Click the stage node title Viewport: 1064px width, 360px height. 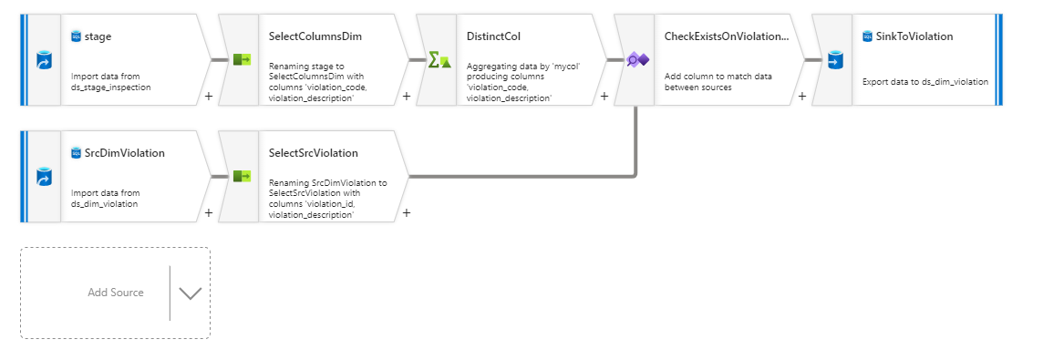[98, 36]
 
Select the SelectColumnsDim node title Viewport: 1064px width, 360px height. [314, 36]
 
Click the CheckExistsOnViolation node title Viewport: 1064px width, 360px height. [726, 36]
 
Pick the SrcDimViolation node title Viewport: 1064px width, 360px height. [124, 153]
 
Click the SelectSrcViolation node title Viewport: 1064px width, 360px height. [314, 153]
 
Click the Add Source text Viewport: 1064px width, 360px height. [116, 293]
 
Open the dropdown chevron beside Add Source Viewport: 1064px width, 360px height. [191, 293]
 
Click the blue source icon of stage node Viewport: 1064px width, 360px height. [42, 60]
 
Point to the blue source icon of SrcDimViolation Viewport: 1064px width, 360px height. [42, 176]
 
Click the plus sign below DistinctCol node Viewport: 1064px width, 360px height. [604, 96]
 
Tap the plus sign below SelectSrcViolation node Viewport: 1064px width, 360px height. [406, 212]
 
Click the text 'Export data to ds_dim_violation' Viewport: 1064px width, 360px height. [925, 82]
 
